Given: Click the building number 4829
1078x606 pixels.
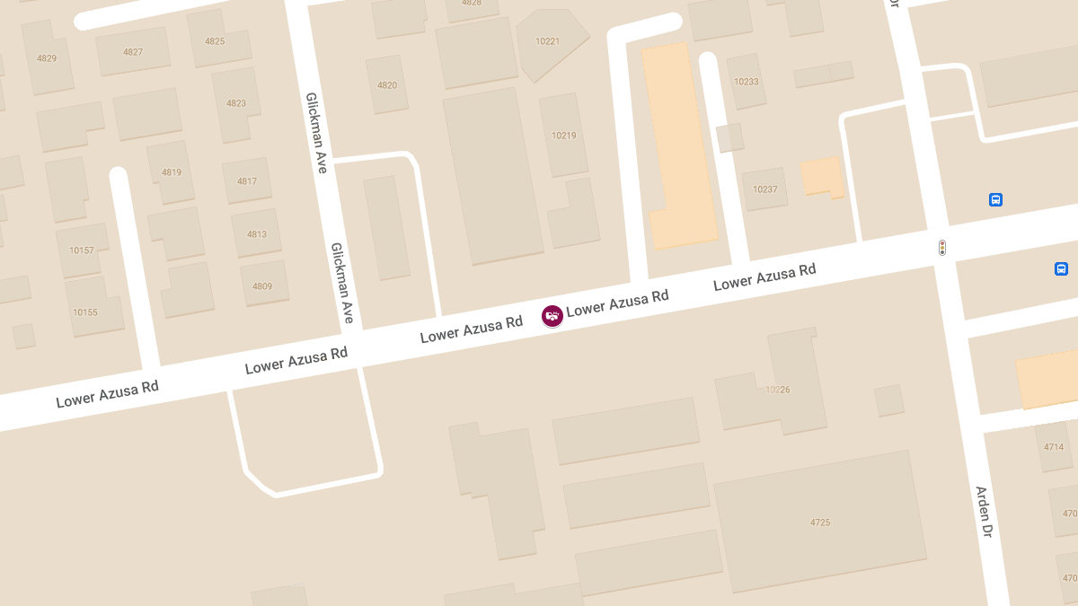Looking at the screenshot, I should pyautogui.click(x=47, y=58).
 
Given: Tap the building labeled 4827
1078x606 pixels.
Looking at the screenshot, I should pyautogui.click(x=133, y=52).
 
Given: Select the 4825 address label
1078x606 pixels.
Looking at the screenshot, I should pyautogui.click(x=215, y=41).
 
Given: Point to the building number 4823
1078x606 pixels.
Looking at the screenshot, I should pyautogui.click(x=236, y=103).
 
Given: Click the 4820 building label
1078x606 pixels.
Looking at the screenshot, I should pyautogui.click(x=387, y=85).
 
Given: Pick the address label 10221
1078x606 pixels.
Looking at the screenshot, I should pyautogui.click(x=547, y=41).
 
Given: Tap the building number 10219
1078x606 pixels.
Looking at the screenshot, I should pyautogui.click(x=564, y=136).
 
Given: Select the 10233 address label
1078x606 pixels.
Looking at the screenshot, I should pyautogui.click(x=746, y=82).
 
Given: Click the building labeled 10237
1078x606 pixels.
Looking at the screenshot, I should pyautogui.click(x=765, y=189).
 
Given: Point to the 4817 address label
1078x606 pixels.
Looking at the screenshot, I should pyautogui.click(x=247, y=181).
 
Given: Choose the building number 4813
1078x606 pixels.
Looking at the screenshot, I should pyautogui.click(x=257, y=234).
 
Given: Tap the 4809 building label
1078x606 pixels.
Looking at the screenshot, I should pyautogui.click(x=262, y=286).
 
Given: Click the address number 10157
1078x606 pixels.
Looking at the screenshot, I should pyautogui.click(x=82, y=250).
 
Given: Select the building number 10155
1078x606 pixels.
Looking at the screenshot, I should pyautogui.click(x=85, y=312).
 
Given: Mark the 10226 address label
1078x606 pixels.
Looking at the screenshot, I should pyautogui.click(x=777, y=390).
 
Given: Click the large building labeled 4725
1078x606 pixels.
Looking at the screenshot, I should pyautogui.click(x=820, y=522).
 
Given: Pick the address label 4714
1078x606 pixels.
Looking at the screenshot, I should pyautogui.click(x=1054, y=447).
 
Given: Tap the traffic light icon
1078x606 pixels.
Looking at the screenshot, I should pyautogui.click(x=942, y=247).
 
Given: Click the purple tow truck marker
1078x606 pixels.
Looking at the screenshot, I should pyautogui.click(x=552, y=315).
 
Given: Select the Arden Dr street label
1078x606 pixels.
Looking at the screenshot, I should pyautogui.click(x=985, y=512).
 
